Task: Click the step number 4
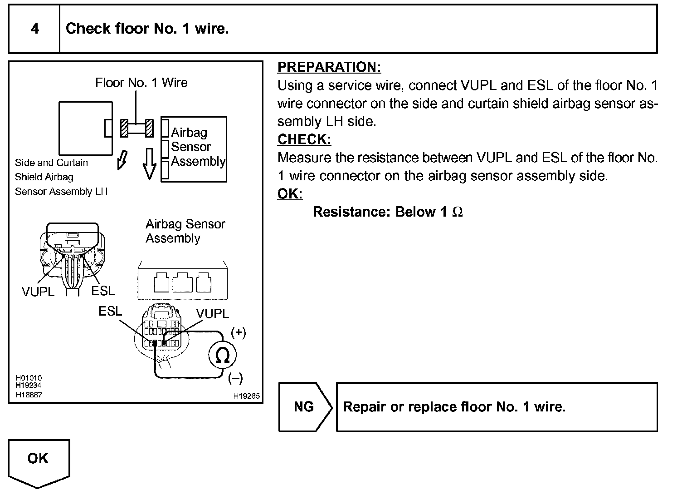[35, 29]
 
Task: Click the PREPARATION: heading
[329, 67]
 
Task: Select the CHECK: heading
[304, 139]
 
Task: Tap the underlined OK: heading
[290, 193]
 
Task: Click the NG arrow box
[305, 406]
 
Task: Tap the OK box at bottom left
[39, 462]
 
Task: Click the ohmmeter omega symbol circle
[222, 355]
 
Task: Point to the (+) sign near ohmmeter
[239, 332]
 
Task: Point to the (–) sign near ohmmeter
[236, 378]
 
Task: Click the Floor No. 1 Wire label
[141, 82]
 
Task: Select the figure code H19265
[246, 396]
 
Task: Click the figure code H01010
[29, 377]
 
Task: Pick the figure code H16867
[29, 395]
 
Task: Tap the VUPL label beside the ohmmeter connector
[212, 313]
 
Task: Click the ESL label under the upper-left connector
[103, 291]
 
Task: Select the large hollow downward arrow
[150, 164]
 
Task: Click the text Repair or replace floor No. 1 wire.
[454, 406]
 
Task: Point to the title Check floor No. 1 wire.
[147, 29]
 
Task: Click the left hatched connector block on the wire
[124, 129]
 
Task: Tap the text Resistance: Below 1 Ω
[388, 212]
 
